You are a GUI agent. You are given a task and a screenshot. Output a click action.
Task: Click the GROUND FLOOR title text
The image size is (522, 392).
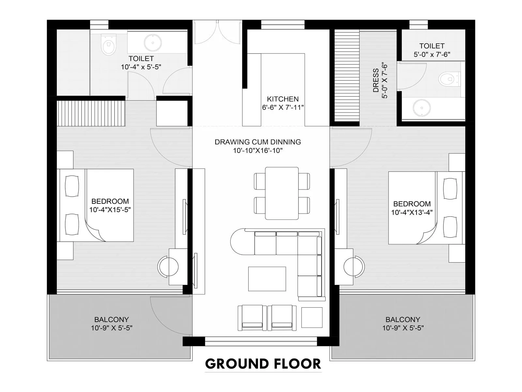click(x=263, y=364)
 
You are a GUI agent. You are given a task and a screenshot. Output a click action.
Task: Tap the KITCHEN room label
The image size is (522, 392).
click(x=283, y=99)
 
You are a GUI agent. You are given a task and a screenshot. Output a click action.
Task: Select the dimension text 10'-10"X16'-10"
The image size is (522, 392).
click(x=257, y=151)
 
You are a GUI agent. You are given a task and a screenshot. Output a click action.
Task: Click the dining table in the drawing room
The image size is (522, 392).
click(x=282, y=193)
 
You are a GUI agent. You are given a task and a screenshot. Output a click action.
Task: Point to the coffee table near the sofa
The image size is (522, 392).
click(x=267, y=279)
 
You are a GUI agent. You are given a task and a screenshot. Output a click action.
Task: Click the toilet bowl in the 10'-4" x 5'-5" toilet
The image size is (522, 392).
click(x=108, y=45)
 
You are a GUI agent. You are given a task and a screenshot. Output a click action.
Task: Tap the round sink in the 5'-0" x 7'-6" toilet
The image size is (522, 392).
click(x=422, y=107)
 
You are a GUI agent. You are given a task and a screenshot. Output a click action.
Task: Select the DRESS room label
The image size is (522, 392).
click(x=376, y=80)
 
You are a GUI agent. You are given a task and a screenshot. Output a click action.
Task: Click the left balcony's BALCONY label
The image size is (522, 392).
click(x=111, y=319)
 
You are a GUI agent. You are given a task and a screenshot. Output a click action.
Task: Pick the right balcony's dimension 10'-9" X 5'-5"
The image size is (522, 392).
click(x=403, y=328)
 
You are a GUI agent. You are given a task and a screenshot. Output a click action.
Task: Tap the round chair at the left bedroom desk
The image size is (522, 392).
click(x=168, y=267)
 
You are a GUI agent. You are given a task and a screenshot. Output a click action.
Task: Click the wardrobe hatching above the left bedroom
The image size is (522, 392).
click(x=91, y=113)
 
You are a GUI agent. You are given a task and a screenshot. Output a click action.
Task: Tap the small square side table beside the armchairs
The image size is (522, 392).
click(x=312, y=317)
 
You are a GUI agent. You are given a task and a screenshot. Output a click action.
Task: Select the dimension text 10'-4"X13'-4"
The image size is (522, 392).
click(x=412, y=212)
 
